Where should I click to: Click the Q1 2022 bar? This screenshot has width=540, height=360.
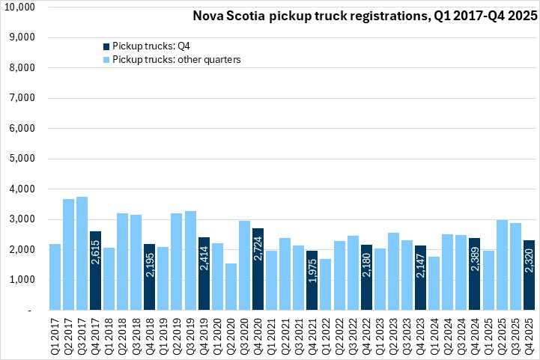(325, 284)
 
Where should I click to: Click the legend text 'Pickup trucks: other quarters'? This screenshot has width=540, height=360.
(176, 59)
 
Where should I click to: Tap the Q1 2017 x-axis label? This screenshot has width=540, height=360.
(55, 334)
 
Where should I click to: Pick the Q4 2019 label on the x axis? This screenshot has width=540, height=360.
(204, 334)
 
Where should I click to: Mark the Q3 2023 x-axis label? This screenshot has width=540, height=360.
(406, 334)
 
